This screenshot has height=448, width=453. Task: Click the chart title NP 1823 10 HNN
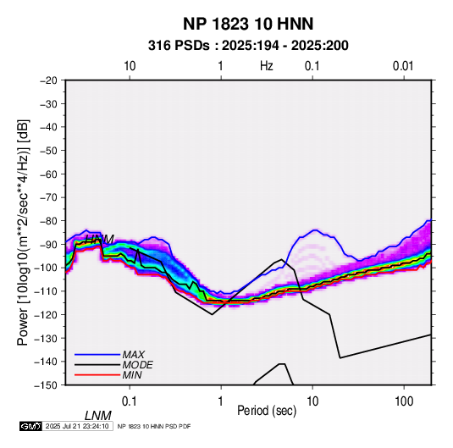(x=248, y=24)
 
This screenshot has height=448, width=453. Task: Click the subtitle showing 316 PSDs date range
(x=248, y=46)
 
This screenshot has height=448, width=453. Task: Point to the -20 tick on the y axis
(x=48, y=80)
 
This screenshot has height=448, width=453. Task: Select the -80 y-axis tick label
(x=48, y=221)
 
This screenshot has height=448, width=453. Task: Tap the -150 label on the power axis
(x=47, y=385)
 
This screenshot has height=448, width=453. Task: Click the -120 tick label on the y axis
(x=47, y=315)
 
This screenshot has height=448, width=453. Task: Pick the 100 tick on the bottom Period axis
(x=404, y=401)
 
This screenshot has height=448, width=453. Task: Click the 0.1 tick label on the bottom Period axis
(x=130, y=401)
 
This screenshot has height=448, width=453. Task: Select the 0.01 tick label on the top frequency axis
(x=403, y=66)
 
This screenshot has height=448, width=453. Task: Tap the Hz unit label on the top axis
(x=267, y=66)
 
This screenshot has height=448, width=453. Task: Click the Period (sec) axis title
(x=267, y=411)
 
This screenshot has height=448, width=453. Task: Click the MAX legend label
(x=133, y=355)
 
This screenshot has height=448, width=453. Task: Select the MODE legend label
(x=137, y=365)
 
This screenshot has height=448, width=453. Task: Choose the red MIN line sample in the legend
(x=97, y=375)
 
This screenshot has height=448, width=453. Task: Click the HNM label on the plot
(x=100, y=239)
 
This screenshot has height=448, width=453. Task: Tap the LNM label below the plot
(x=98, y=416)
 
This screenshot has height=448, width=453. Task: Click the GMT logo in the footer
(x=31, y=426)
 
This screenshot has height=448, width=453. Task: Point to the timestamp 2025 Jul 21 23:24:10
(x=77, y=426)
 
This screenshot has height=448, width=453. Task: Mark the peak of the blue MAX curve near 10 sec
(x=315, y=230)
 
